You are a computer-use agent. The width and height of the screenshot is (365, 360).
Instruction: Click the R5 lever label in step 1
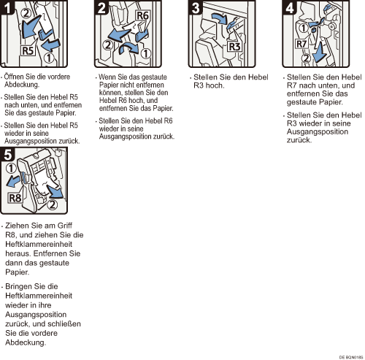click(x=28, y=50)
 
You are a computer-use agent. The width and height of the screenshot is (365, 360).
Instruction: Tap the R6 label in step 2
click(x=142, y=15)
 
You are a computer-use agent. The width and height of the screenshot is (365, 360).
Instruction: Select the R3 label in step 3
click(x=235, y=47)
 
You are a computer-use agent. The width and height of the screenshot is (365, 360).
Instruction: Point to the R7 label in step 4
click(x=301, y=44)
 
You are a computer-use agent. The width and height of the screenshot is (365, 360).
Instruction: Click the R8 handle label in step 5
click(x=15, y=198)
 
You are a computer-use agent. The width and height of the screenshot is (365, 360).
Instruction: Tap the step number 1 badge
click(x=7, y=7)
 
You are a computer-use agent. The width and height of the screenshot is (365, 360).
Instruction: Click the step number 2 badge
click(x=101, y=7)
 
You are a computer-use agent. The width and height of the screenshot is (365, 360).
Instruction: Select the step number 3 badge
click(x=196, y=7)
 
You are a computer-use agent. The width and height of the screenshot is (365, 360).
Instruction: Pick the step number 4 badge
click(x=290, y=7)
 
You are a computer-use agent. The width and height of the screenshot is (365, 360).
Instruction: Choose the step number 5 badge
click(x=7, y=154)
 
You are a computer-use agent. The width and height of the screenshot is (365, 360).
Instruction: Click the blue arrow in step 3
click(x=219, y=18)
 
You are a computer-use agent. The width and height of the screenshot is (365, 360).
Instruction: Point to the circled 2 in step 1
click(x=26, y=13)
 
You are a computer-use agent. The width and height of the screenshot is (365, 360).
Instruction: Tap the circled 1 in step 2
click(x=146, y=53)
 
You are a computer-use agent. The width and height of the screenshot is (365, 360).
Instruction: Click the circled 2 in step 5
click(x=52, y=204)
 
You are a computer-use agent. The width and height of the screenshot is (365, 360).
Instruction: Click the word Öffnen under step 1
click(x=14, y=77)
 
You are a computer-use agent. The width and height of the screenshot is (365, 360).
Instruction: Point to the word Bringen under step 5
click(x=19, y=286)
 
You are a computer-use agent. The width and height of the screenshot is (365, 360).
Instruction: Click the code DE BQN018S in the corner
click(x=351, y=357)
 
